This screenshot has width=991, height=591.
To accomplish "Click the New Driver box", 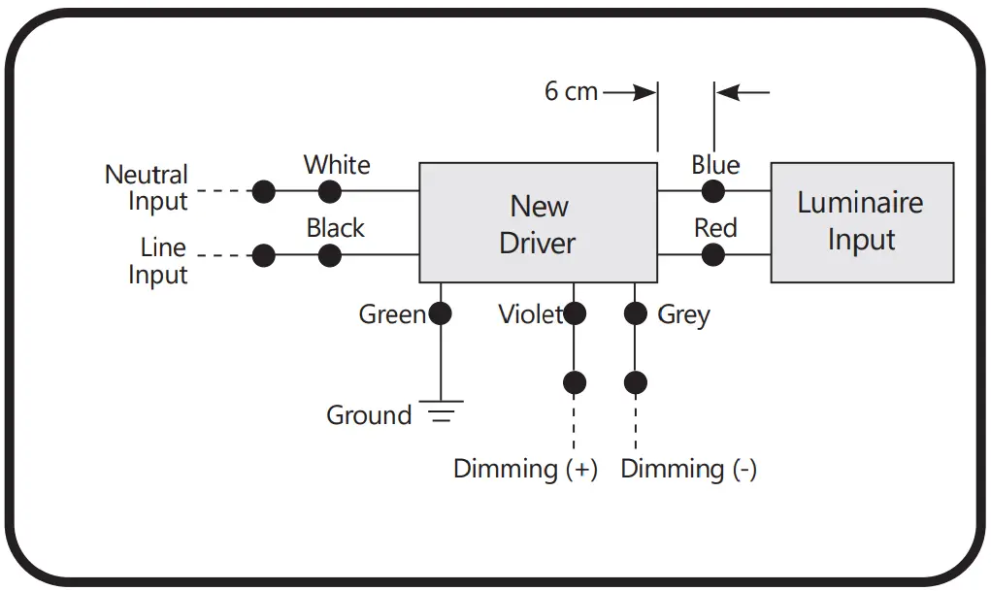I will pyautogui.click(x=538, y=223).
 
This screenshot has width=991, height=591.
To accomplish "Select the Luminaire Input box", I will pyautogui.click(x=861, y=222).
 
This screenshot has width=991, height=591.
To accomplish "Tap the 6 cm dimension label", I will pyautogui.click(x=571, y=92).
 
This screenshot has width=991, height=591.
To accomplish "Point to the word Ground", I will pyautogui.click(x=369, y=415).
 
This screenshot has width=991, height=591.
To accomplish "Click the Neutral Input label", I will pyautogui.click(x=147, y=188).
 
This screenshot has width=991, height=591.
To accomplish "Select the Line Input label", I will pyautogui.click(x=157, y=260).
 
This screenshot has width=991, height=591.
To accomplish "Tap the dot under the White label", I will pyautogui.click(x=330, y=191).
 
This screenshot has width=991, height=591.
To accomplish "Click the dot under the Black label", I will pyautogui.click(x=330, y=255).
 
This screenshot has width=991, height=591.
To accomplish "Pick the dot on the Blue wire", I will pyautogui.click(x=713, y=191).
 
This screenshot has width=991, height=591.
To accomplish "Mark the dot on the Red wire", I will pyautogui.click(x=713, y=255).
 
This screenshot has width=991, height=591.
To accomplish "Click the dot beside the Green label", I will pyautogui.click(x=441, y=313).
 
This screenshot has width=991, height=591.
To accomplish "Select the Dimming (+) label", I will pyautogui.click(x=525, y=470).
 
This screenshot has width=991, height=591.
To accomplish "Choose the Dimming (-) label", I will pyautogui.click(x=688, y=470).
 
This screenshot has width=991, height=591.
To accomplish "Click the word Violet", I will pyautogui.click(x=530, y=314).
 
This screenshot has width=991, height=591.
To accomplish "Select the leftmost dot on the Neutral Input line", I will pyautogui.click(x=263, y=191).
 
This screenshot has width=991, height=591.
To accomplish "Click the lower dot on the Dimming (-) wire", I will pyautogui.click(x=635, y=382).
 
